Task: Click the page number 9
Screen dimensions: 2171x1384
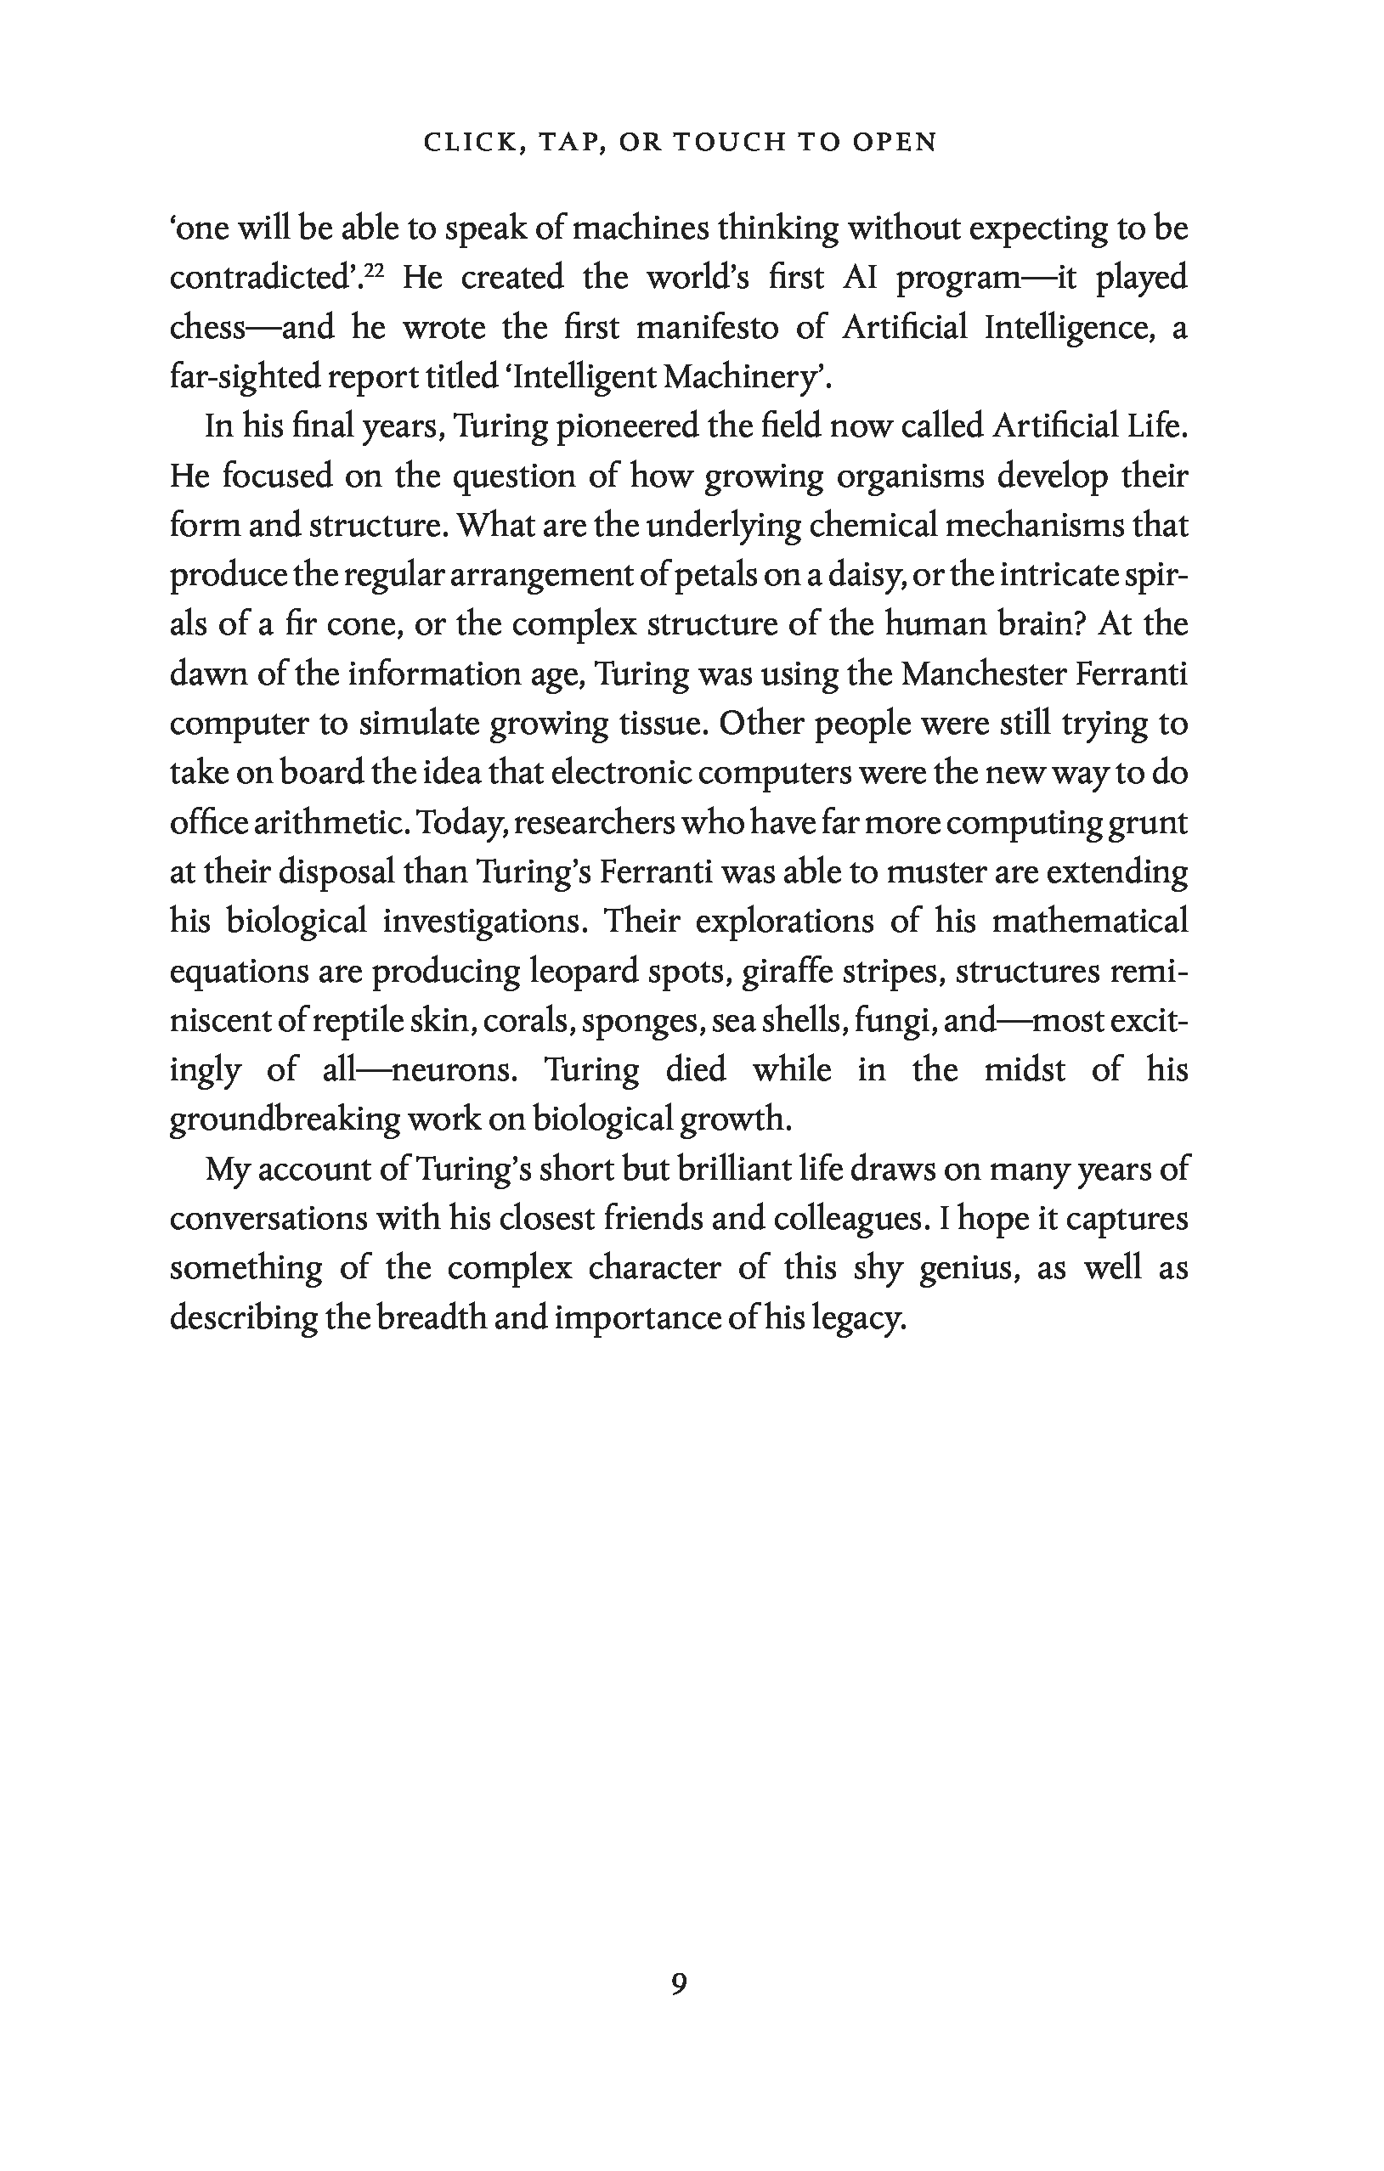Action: point(679,1984)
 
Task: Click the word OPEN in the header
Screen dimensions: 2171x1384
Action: point(891,143)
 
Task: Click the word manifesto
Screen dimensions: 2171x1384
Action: point(707,327)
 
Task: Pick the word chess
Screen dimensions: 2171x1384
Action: point(206,327)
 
